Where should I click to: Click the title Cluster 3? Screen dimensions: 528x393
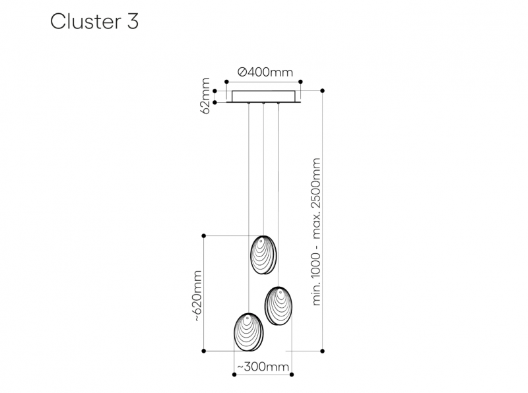[x=94, y=22]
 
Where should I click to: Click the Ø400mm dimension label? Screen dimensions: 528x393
[x=265, y=72]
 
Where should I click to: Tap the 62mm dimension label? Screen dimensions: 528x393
[x=205, y=96]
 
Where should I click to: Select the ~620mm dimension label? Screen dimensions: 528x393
[x=197, y=296]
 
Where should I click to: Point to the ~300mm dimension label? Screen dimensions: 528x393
[x=263, y=367]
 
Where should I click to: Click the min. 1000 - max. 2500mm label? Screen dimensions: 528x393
[x=317, y=232]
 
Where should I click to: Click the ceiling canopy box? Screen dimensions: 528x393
[x=263, y=96]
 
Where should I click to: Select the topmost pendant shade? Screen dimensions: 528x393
[x=263, y=255]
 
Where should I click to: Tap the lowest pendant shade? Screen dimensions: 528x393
[x=249, y=332]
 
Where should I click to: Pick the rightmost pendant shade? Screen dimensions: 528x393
[x=278, y=306]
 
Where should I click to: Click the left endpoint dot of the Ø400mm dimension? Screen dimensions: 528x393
[x=226, y=82]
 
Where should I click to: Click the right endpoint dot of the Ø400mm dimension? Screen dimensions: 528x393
[x=301, y=82]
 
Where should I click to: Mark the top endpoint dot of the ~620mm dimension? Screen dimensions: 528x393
[x=204, y=236]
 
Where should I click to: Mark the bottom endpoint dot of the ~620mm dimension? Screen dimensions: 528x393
[x=204, y=351]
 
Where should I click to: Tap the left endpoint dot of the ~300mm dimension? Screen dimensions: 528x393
[x=234, y=375]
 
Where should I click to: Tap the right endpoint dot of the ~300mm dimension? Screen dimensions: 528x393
[x=292, y=375]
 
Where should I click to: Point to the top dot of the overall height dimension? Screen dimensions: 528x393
[x=323, y=90]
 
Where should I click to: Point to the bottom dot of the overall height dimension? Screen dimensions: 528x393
[x=323, y=351]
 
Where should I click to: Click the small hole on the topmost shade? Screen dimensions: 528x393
[x=260, y=241]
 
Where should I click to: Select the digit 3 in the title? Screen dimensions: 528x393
[x=133, y=22]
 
